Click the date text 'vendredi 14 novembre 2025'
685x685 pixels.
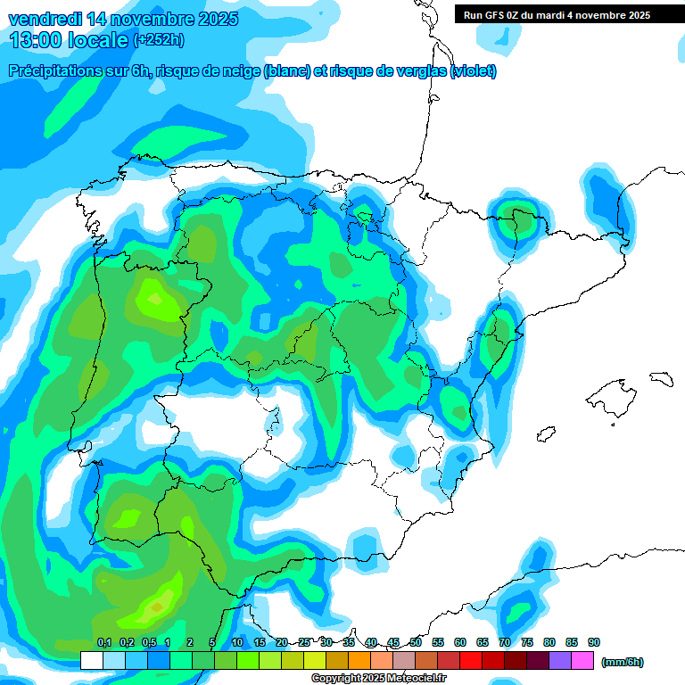pyautogui.click(x=124, y=19)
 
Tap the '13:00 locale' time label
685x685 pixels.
pyautogui.click(x=68, y=39)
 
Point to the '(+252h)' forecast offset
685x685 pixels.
pyautogui.click(x=158, y=40)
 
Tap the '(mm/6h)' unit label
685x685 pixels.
pyautogui.click(x=622, y=662)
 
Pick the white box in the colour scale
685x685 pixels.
pyautogui.click(x=91, y=661)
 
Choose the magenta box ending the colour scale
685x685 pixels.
pyautogui.click(x=582, y=661)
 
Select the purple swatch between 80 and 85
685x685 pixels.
pyautogui.click(x=560, y=661)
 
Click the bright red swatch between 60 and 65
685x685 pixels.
pyautogui.click(x=471, y=661)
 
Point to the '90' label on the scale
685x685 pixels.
pyautogui.click(x=594, y=642)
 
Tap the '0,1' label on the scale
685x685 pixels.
pyautogui.click(x=103, y=642)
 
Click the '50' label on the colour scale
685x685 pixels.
pyautogui.click(x=416, y=642)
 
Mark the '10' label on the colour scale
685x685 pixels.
pyautogui.click(x=237, y=642)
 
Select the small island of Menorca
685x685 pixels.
pyautogui.click(x=661, y=378)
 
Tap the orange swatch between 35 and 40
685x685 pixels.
pyautogui.click(x=359, y=661)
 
